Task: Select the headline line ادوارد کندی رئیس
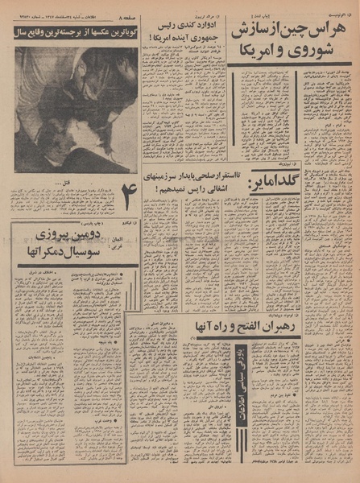pyautogui.click(x=180, y=32)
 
